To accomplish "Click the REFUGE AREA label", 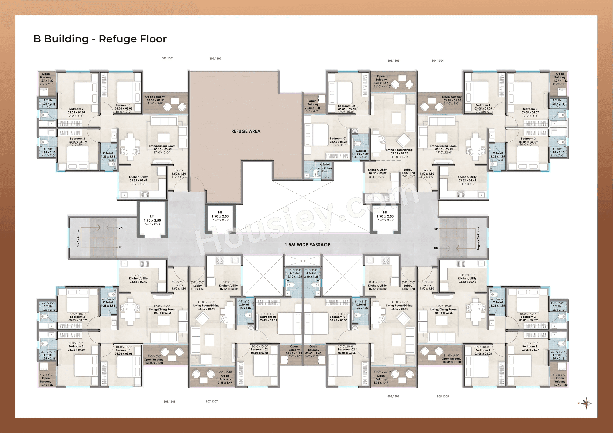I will (x=246, y=131).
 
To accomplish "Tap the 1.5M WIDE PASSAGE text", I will (x=307, y=245).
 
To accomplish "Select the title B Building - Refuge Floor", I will (x=100, y=39).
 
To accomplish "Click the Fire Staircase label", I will (x=78, y=238).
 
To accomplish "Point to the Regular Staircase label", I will (x=478, y=238).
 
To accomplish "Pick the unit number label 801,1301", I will (x=167, y=58).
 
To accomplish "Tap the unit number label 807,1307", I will (x=212, y=401).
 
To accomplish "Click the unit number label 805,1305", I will (x=443, y=397).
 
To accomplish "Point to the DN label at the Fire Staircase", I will (x=120, y=228).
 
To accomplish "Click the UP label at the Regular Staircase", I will (x=436, y=229).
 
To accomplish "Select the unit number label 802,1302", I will (x=215, y=58).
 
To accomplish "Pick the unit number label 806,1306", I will (x=393, y=397).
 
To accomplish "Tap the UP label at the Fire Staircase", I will (x=120, y=247).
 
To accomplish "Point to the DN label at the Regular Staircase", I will (x=436, y=248).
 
